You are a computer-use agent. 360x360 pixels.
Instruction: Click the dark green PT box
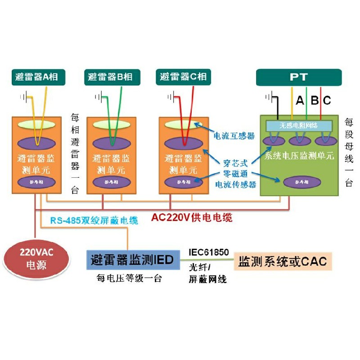pos(299,77)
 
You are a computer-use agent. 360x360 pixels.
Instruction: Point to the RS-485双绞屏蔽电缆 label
pos(94,220)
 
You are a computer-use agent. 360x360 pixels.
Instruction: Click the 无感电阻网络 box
pos(299,126)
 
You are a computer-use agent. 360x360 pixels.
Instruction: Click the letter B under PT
pos(315,100)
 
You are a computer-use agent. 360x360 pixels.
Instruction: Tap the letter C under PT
pos(327,100)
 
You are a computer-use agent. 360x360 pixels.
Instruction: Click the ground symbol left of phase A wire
pos(25,97)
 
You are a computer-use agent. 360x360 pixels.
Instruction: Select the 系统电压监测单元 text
pos(299,156)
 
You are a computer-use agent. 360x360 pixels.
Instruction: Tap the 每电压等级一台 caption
pos(129,279)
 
